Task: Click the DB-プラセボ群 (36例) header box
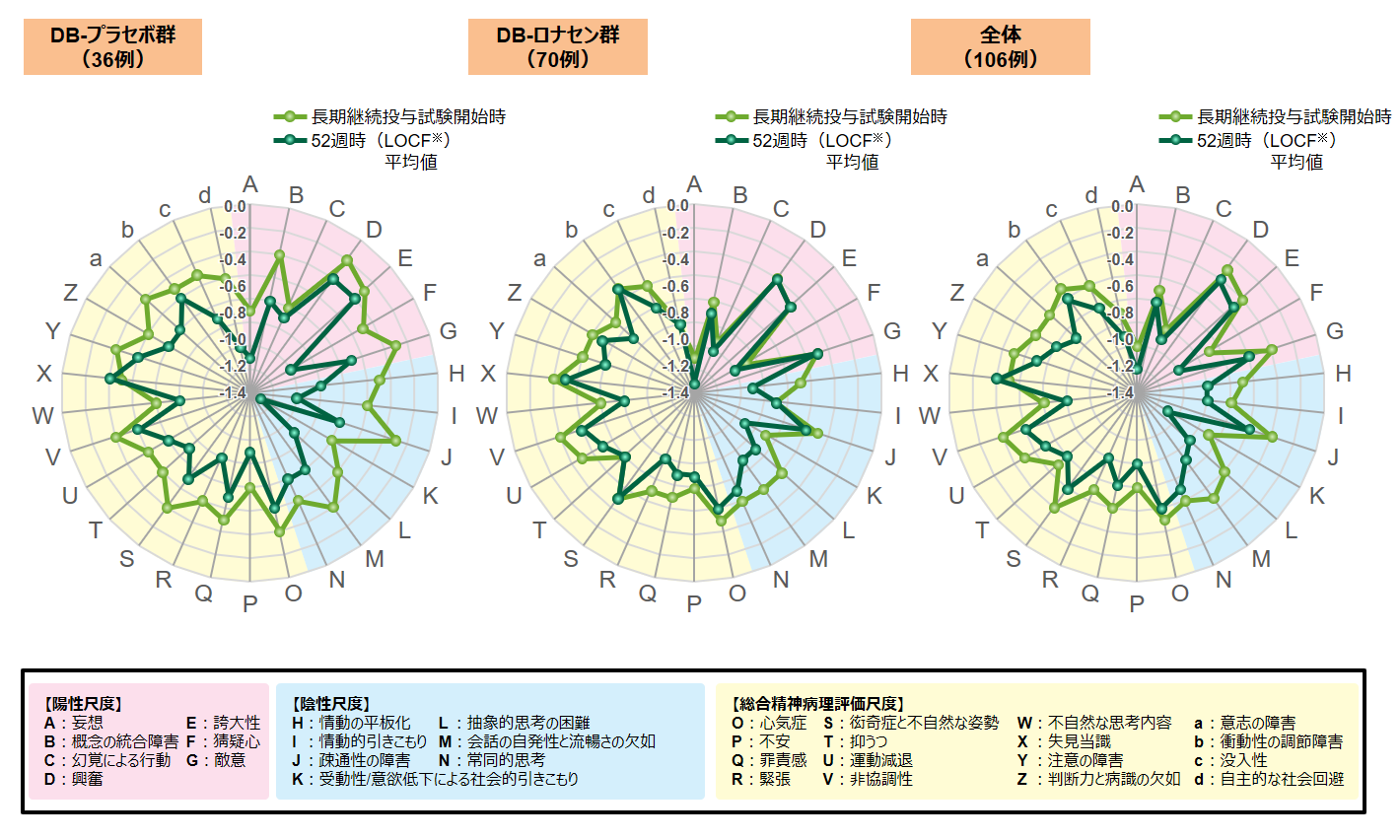pos(112,47)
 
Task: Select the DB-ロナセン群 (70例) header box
pos(557,47)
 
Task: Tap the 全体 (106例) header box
pos(1000,47)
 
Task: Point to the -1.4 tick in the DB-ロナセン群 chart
pos(677,392)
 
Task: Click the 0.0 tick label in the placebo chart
pos(235,206)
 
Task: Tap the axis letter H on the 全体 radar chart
pos(1343,374)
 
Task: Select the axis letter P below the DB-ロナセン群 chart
pos(694,603)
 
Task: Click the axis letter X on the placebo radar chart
pos(44,374)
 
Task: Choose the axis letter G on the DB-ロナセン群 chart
pos(892,331)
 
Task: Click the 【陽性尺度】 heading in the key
pos(83,704)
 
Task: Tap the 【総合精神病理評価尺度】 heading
pos(817,704)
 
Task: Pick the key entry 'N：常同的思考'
pos(492,760)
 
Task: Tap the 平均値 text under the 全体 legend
pos(1295,162)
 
